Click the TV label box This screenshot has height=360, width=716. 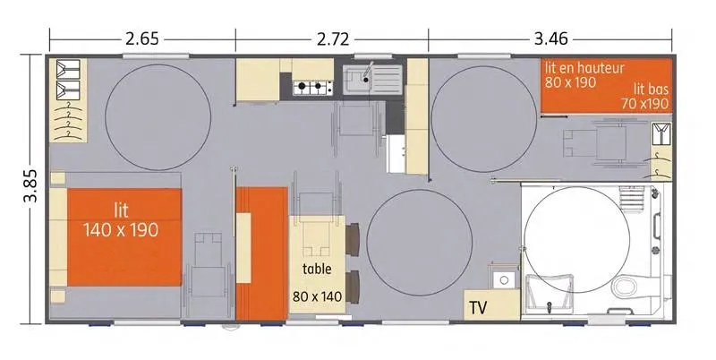[479, 308]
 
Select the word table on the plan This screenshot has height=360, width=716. [317, 269]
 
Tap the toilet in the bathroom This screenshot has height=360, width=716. [628, 287]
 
